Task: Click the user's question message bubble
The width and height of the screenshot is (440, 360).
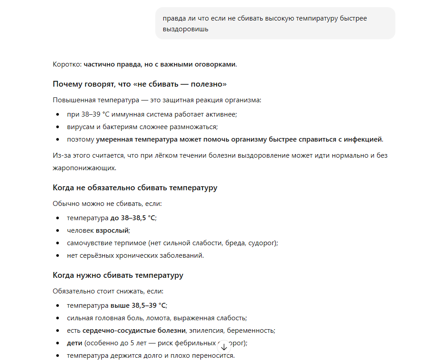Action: [275, 24]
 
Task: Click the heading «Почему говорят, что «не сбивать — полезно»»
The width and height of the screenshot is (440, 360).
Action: [140, 84]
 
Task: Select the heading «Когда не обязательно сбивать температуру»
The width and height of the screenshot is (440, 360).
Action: [135, 188]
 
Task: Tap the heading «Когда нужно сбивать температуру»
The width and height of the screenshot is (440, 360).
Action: [118, 275]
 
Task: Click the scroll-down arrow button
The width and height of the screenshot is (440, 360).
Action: [224, 347]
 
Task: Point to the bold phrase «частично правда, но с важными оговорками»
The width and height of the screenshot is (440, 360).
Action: [159, 64]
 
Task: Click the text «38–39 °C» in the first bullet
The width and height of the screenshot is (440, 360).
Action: [95, 114]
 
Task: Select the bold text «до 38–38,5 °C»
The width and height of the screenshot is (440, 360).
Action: [133, 218]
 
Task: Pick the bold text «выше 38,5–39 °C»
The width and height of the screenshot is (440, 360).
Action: [138, 306]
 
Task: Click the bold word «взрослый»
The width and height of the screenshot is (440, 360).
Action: [112, 230]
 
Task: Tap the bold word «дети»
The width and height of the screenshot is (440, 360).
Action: [74, 343]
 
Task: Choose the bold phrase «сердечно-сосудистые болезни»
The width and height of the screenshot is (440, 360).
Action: [134, 331]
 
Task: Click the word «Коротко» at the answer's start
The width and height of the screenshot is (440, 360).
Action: [66, 64]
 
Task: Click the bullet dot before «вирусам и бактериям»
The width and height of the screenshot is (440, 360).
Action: [58, 127]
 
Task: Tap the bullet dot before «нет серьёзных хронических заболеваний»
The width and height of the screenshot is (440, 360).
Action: [58, 255]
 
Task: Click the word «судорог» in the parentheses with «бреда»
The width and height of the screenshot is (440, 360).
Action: [263, 243]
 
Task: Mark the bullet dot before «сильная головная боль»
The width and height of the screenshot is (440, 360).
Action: [58, 318]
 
